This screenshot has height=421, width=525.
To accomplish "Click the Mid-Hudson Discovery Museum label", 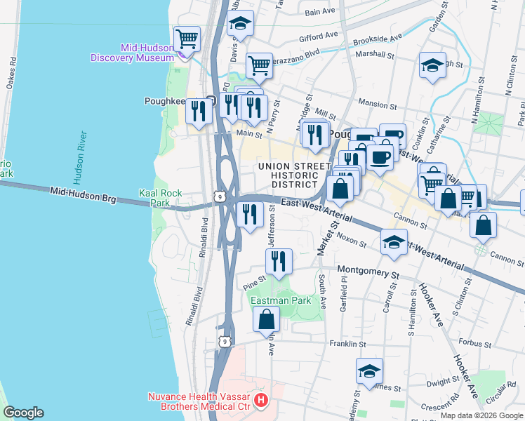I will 132,53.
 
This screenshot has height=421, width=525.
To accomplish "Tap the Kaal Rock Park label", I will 160,198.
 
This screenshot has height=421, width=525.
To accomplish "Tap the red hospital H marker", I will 261,401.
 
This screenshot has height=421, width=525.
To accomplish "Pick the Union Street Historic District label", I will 293,175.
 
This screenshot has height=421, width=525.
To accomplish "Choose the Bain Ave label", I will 320,11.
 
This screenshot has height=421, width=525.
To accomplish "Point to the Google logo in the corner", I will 23,413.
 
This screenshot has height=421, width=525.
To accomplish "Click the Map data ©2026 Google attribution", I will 481,415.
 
